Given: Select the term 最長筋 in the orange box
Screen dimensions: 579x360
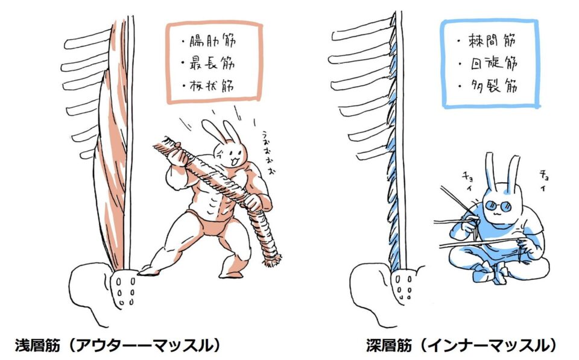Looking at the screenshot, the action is coord(212,63).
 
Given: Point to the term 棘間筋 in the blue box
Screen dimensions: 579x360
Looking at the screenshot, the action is coord(492,40).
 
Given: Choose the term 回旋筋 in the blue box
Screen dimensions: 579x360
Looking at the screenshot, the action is coord(494,63).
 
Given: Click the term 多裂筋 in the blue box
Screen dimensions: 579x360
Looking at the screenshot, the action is coord(494,86).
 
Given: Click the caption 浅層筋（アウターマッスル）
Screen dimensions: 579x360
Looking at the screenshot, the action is coord(118,346).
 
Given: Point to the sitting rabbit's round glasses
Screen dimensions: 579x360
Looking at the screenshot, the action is coord(498,206).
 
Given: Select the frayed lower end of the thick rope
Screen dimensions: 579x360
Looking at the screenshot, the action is coord(272,259).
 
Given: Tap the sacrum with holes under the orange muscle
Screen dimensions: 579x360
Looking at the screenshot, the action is coord(123,289).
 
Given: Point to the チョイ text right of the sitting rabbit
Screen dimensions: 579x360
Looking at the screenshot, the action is coord(544,180).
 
